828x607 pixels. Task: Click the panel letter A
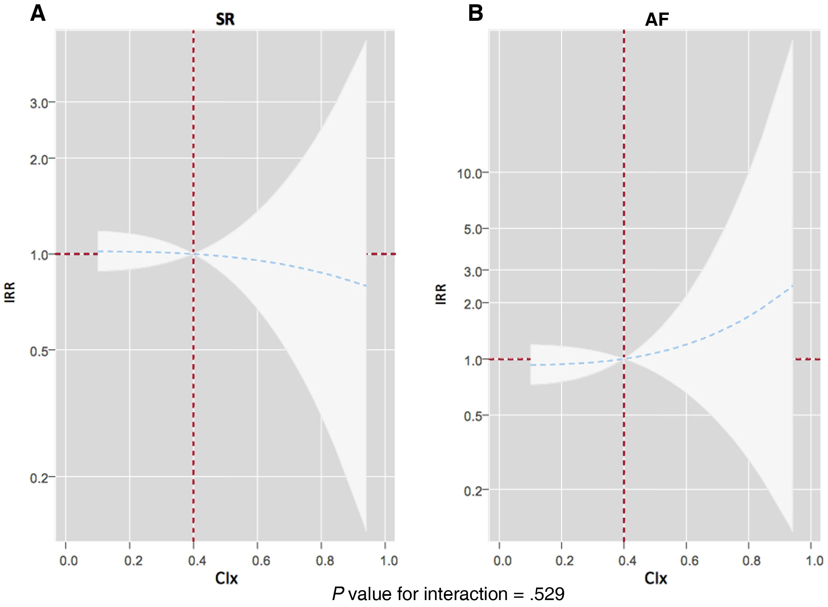tap(38, 14)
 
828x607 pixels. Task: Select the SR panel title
tap(225, 19)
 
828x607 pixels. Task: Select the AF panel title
tap(657, 19)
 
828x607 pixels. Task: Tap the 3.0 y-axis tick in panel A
tap(39, 103)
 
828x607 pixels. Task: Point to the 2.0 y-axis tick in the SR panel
tap(39, 160)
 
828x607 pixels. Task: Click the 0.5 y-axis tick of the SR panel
tap(39, 351)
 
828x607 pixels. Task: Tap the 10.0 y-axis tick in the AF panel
tap(469, 173)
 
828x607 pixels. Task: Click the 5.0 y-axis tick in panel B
tap(473, 230)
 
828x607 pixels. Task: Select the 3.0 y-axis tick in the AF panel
tap(473, 272)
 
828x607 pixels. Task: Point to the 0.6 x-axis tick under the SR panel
tap(261, 561)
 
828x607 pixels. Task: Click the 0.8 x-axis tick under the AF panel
tap(751, 561)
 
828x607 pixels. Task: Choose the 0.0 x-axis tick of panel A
tap(69, 561)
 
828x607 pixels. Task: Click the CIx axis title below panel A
tap(226, 578)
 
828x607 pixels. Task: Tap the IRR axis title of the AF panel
tap(441, 294)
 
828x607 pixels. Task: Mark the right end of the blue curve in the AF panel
tap(792, 285)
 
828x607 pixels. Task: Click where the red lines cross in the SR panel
tap(193, 254)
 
